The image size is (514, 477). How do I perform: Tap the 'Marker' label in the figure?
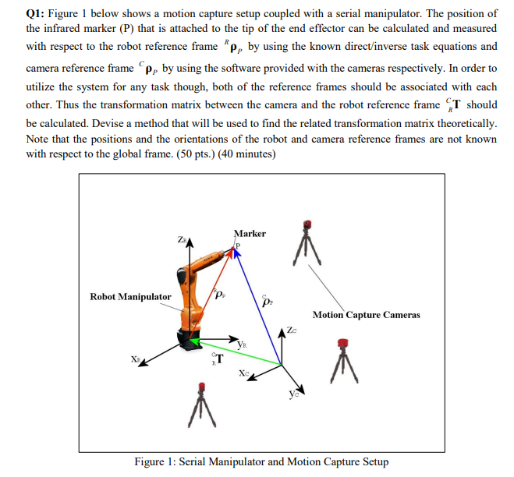(x=250, y=232)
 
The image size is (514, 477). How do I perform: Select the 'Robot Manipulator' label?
(x=130, y=297)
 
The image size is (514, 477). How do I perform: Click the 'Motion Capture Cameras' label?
(x=366, y=315)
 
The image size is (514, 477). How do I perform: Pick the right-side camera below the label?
(x=342, y=359)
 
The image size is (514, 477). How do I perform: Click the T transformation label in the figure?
(x=218, y=359)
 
